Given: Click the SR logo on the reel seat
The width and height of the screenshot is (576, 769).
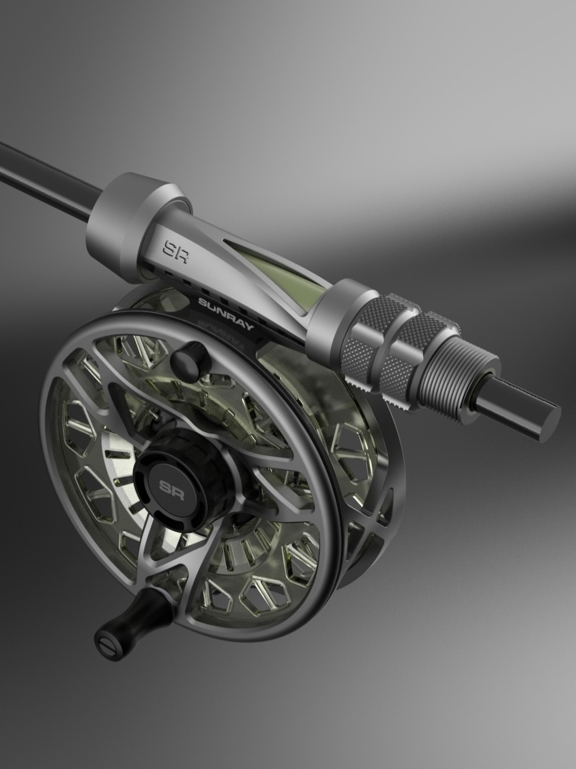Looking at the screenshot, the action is (176, 250).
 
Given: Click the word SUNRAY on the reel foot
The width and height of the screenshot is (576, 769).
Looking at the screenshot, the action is (226, 314).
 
